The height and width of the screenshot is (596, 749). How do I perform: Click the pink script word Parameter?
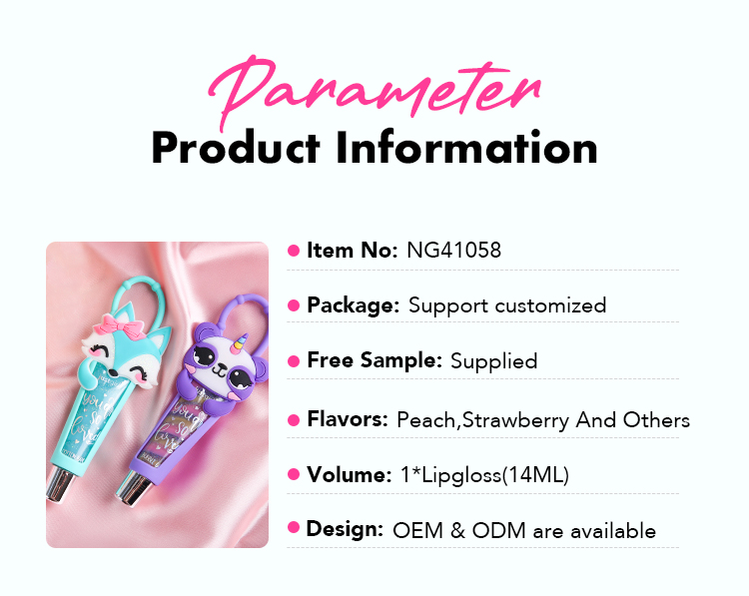point(374,91)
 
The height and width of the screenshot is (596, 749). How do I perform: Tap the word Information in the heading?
point(466,147)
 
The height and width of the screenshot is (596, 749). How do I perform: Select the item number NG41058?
point(453,251)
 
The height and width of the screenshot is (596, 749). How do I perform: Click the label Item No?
point(353,251)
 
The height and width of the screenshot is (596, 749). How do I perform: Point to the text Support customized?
point(507,305)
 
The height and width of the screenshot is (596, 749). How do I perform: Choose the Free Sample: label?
point(374,360)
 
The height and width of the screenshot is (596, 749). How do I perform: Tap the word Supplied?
point(494,361)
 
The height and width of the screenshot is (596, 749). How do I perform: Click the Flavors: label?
point(348,419)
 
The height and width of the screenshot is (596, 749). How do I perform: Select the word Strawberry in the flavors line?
point(515,420)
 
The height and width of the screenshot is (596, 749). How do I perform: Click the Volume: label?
point(350,474)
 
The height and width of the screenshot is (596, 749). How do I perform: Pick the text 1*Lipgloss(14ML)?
point(484,475)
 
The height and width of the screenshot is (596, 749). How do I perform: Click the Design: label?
point(345,529)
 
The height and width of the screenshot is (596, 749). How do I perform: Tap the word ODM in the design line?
point(498,530)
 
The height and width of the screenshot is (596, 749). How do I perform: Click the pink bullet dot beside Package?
point(294,305)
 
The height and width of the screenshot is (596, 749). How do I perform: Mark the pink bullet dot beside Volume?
point(294,474)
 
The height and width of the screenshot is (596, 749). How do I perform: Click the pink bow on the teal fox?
point(120,324)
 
